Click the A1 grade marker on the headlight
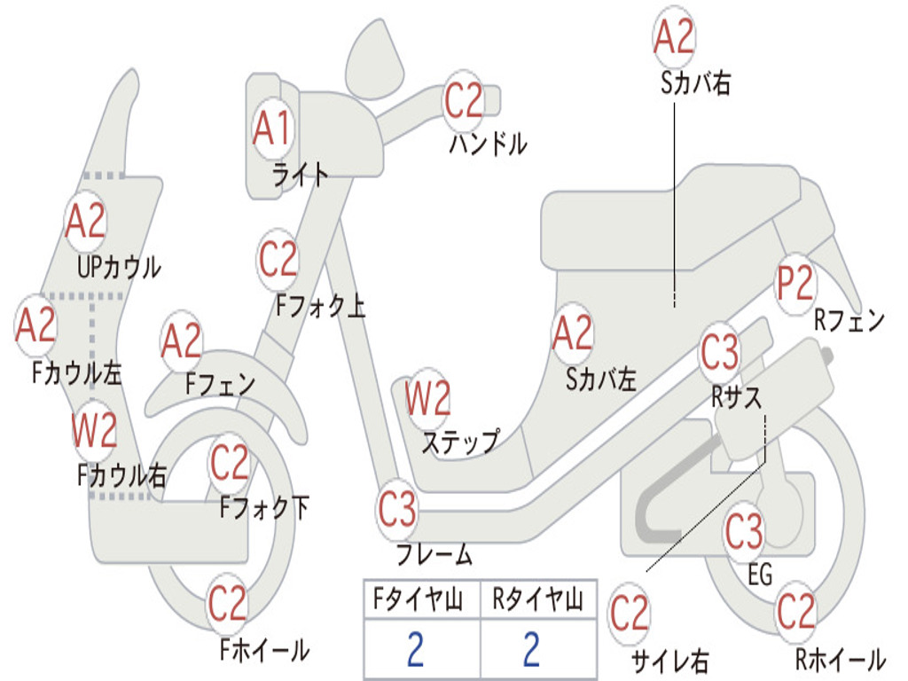pos(271,129)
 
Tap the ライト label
pos(300,174)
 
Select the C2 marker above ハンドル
pos(463,101)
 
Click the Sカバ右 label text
pos(695,84)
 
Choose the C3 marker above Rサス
pos(719,354)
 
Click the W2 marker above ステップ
pos(427,399)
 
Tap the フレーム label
pos(434,556)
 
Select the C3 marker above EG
pos(743,532)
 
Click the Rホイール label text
pos(839,660)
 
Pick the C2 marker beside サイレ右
pos(630,614)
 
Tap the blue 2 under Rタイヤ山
pos(531,650)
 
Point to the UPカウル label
pos(119,267)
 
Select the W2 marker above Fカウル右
pos(94,431)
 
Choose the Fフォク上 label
pos(320,307)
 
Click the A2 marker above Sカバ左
pos(572,333)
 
